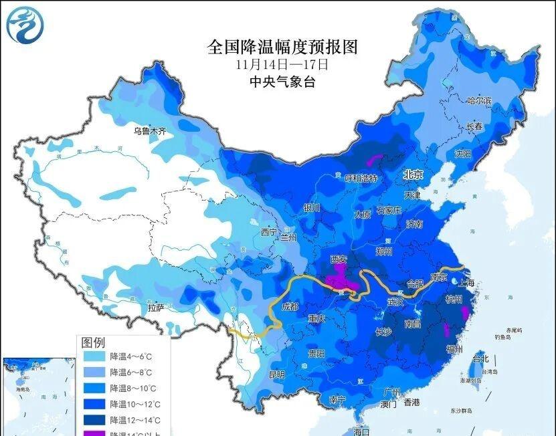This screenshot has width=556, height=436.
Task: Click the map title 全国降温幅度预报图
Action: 282,47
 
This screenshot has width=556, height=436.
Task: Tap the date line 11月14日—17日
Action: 282,65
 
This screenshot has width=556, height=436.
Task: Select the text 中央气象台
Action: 282,82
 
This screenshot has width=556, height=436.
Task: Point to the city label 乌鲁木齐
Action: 149,131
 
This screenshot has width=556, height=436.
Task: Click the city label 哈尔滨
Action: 479,101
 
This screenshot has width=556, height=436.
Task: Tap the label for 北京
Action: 413,175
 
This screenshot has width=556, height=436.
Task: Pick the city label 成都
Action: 290,306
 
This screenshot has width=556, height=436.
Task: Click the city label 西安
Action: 340,259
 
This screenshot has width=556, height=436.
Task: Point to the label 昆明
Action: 276,374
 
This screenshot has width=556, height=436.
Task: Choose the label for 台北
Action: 480,358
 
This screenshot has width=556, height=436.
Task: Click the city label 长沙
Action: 383,332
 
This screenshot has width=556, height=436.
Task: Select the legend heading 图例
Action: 93,342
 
